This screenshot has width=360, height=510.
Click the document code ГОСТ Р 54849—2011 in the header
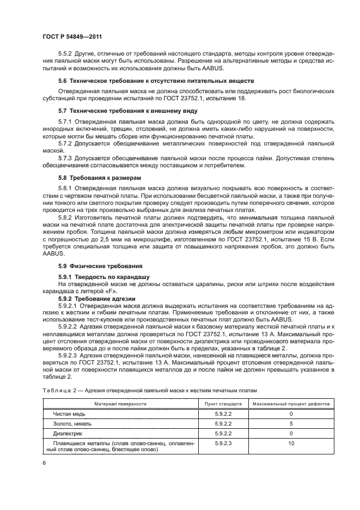point(72,35)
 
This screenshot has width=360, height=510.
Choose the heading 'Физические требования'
point(100,266)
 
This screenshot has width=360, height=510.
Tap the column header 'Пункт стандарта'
point(223,404)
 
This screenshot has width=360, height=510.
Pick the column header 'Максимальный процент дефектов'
point(291,404)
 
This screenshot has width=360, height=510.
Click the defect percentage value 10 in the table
point(291,444)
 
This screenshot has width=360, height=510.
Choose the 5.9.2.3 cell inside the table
point(223,444)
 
